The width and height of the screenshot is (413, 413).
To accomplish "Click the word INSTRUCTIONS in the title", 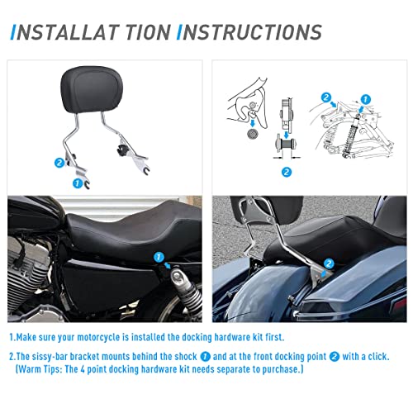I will click(249, 32).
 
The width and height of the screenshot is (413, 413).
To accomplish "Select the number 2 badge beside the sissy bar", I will click(59, 164).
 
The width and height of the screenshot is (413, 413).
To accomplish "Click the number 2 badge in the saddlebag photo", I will click(329, 263).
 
